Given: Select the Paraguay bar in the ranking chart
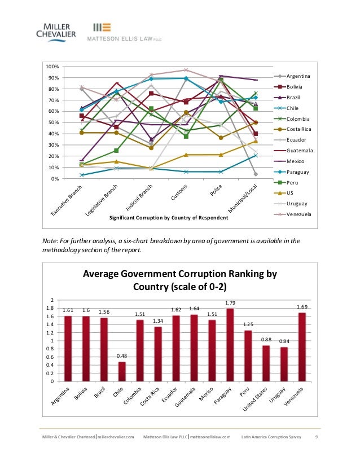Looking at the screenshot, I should tap(230, 345).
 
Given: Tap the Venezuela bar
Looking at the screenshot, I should tap(302, 346).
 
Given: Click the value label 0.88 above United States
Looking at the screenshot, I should tap(266, 339).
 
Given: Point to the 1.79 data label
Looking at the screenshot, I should tap(230, 304).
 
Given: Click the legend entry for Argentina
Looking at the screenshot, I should tap(298, 76).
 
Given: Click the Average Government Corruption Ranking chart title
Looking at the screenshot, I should tap(180, 280).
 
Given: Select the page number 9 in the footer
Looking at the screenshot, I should tap(315, 437).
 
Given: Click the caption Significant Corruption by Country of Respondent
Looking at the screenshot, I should tap(161, 217).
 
